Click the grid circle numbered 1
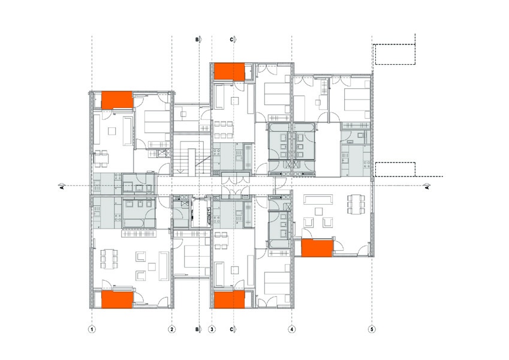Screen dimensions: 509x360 92,329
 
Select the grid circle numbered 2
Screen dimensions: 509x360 171,329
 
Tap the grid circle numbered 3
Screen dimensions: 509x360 212,329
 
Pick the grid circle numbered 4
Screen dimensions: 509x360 292,329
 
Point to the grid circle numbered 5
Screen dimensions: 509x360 372,329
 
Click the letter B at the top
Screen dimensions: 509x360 197,40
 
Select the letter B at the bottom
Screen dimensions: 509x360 197,329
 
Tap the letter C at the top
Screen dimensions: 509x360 231,40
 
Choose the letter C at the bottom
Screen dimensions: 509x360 231,329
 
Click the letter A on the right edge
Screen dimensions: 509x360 427,187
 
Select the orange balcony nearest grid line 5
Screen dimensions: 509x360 317,248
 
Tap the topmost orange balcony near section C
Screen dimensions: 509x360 229,72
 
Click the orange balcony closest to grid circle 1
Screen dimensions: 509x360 117,299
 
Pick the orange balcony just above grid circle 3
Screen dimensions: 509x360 229,299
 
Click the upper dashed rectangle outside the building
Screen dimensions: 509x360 395,54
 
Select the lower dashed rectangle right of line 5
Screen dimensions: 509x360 395,169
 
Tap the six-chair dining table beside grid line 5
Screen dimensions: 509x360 356,204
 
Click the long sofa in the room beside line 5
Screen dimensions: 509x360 318,198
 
